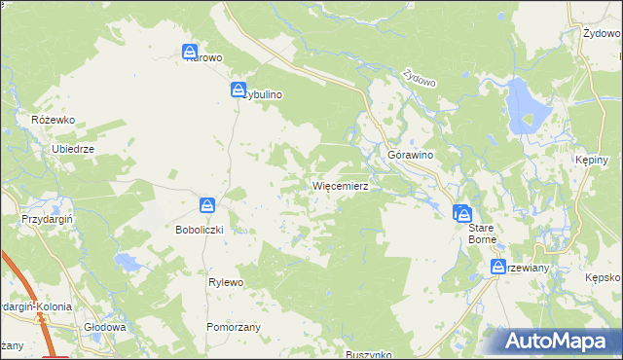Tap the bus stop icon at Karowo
click(190, 52)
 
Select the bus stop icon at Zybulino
click(238, 90)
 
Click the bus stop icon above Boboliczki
click(207, 205)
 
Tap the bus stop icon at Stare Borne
click(463, 212)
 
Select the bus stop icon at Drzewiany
click(497, 267)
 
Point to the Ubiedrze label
click(72, 149)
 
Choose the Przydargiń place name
click(42, 221)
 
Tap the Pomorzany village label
click(234, 327)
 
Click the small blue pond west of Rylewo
click(128, 261)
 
